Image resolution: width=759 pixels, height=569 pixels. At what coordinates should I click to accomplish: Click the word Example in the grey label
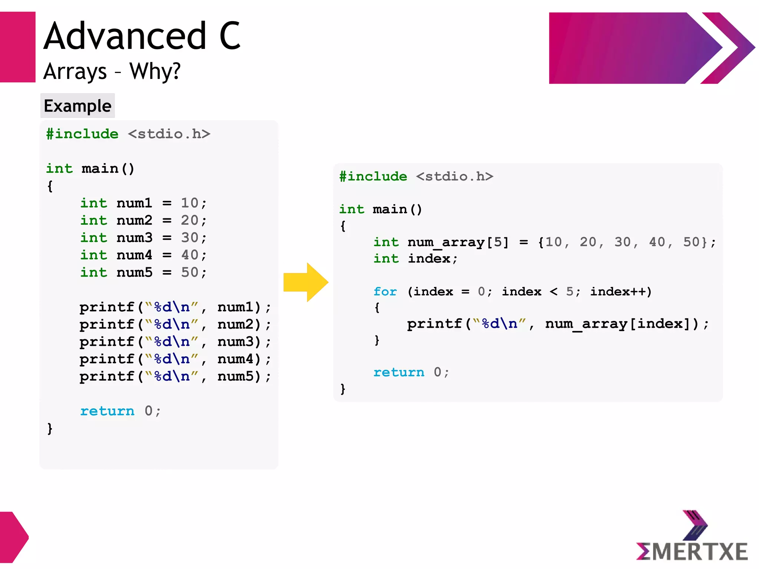coord(77,106)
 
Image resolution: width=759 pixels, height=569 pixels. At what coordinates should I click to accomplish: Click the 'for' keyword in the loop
coord(385,292)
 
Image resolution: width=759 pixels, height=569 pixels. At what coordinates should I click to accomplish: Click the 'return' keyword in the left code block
coord(107,411)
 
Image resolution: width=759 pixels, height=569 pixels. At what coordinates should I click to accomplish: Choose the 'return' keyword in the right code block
coord(399,372)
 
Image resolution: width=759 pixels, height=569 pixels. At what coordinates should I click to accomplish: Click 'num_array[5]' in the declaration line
coord(458,242)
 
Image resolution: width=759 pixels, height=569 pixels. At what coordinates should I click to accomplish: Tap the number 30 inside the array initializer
coord(623,242)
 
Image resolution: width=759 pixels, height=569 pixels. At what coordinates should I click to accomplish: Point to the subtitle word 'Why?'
coord(155,71)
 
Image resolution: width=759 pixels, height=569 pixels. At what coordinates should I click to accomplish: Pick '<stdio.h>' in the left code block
coord(169,134)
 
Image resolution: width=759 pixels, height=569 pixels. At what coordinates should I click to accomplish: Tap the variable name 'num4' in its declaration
coord(134,255)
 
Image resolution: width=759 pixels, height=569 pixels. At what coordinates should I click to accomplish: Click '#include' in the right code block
coord(373,176)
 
